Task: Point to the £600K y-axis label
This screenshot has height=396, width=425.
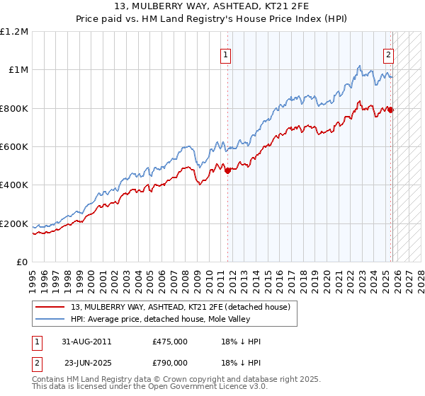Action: (x=14, y=147)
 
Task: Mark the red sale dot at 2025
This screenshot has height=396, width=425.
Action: (x=391, y=110)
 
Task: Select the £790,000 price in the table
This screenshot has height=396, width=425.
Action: (x=170, y=363)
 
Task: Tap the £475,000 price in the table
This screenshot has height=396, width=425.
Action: (x=170, y=342)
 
